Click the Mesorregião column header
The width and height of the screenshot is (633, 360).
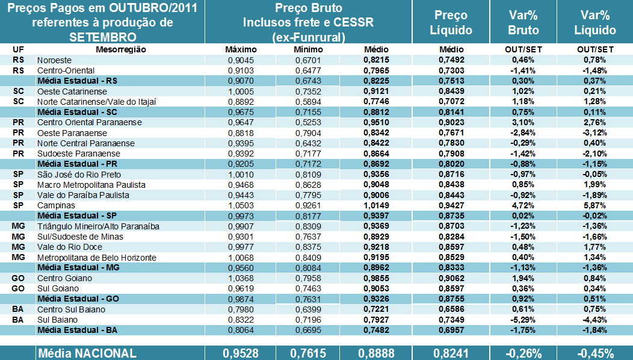[x=121, y=49]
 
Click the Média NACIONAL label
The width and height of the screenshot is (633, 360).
[x=87, y=353]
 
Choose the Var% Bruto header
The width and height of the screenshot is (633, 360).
[x=523, y=23]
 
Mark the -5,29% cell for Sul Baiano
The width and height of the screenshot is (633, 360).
[x=523, y=320]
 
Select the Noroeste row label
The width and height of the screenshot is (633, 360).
[x=54, y=60]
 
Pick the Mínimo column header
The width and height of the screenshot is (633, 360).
[x=309, y=49]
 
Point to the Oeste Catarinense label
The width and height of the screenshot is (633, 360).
[x=72, y=91]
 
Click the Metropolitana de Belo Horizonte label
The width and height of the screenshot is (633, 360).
[x=97, y=257]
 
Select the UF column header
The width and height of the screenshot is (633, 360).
[x=18, y=49]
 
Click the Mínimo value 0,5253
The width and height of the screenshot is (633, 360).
[x=309, y=122]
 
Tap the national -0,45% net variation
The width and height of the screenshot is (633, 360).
[x=594, y=353]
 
